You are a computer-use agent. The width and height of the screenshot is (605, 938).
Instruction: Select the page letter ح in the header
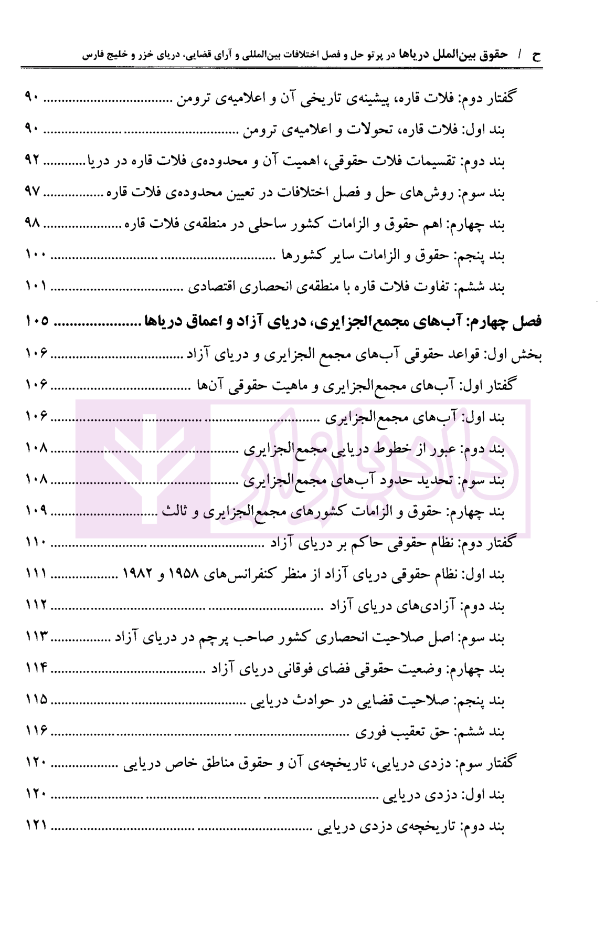click(536, 55)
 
